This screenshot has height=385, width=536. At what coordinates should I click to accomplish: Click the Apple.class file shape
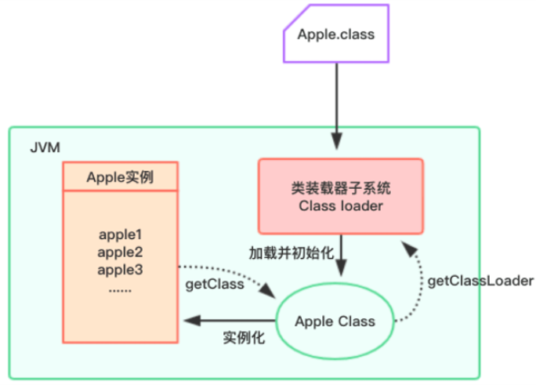coord(336,35)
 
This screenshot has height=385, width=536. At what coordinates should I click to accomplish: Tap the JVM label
coord(45,147)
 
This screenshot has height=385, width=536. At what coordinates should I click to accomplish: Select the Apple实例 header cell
coord(120,176)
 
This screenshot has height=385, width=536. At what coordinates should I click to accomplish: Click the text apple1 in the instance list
coord(120,234)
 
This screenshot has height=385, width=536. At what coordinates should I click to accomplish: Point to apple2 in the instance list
coord(120,252)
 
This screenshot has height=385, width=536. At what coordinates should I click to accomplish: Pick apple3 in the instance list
coord(120,269)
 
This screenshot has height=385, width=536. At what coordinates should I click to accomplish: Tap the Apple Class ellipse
coord(335,321)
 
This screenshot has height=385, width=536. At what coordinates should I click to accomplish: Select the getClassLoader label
coord(480,280)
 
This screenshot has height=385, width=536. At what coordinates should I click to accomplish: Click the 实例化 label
coord(244,339)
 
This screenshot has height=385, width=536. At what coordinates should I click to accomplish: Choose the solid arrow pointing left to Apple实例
coord(227,321)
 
